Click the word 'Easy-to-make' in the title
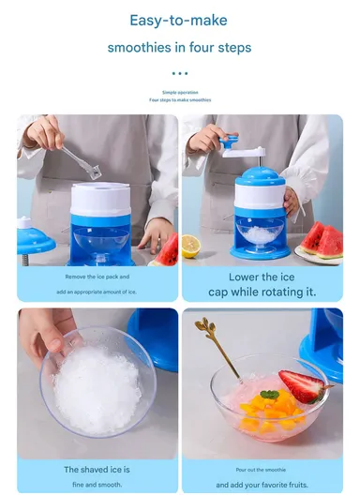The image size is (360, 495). tap(179, 20)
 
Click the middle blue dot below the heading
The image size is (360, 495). tap(180, 72)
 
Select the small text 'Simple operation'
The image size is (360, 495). tap(180, 92)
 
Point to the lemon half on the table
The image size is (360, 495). tap(190, 246)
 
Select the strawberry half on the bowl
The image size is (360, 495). tap(299, 385)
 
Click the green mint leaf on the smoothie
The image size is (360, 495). tap(270, 395)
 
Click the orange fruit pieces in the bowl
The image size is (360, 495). tap(263, 414)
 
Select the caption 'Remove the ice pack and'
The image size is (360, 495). tap(97, 277)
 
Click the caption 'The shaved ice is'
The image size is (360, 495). tap(97, 469)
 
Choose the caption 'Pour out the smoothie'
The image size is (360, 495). tap(262, 469)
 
